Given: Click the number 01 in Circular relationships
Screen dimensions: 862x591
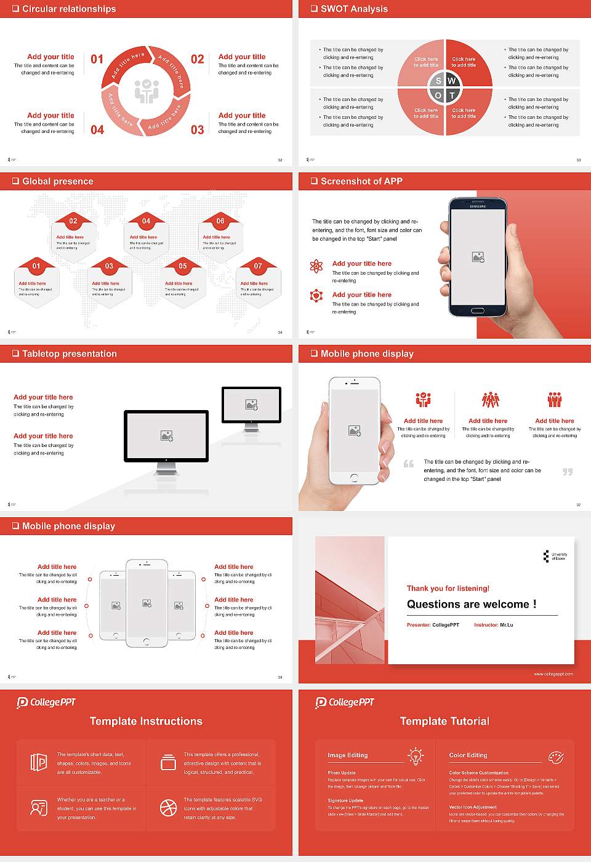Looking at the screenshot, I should click(97, 59).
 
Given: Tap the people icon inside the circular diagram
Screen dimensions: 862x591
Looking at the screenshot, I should click(147, 91).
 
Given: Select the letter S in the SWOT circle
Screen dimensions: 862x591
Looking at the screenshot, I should click(438, 81).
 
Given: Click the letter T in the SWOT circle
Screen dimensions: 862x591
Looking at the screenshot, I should click(452, 95).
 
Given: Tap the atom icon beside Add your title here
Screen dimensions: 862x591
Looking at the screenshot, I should click(316, 266).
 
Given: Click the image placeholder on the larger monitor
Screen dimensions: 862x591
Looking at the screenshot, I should click(166, 436).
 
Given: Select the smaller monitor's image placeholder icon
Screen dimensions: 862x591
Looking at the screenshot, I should click(251, 405).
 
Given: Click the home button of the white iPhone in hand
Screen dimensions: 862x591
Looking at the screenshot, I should click(354, 478).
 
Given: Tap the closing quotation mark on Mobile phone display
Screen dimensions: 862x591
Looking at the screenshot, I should click(568, 472).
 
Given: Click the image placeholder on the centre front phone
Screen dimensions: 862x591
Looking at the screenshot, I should click(147, 603).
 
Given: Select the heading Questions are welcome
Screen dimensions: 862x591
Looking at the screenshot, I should click(471, 604).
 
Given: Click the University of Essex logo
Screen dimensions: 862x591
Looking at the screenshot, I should click(555, 556).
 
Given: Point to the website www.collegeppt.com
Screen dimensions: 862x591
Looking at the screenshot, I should click(553, 674).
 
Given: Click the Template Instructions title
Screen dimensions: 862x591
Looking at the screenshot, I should click(146, 721).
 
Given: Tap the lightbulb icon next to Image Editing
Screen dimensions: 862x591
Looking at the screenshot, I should click(416, 756).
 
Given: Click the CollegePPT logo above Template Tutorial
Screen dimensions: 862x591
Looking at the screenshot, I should click(345, 702).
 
